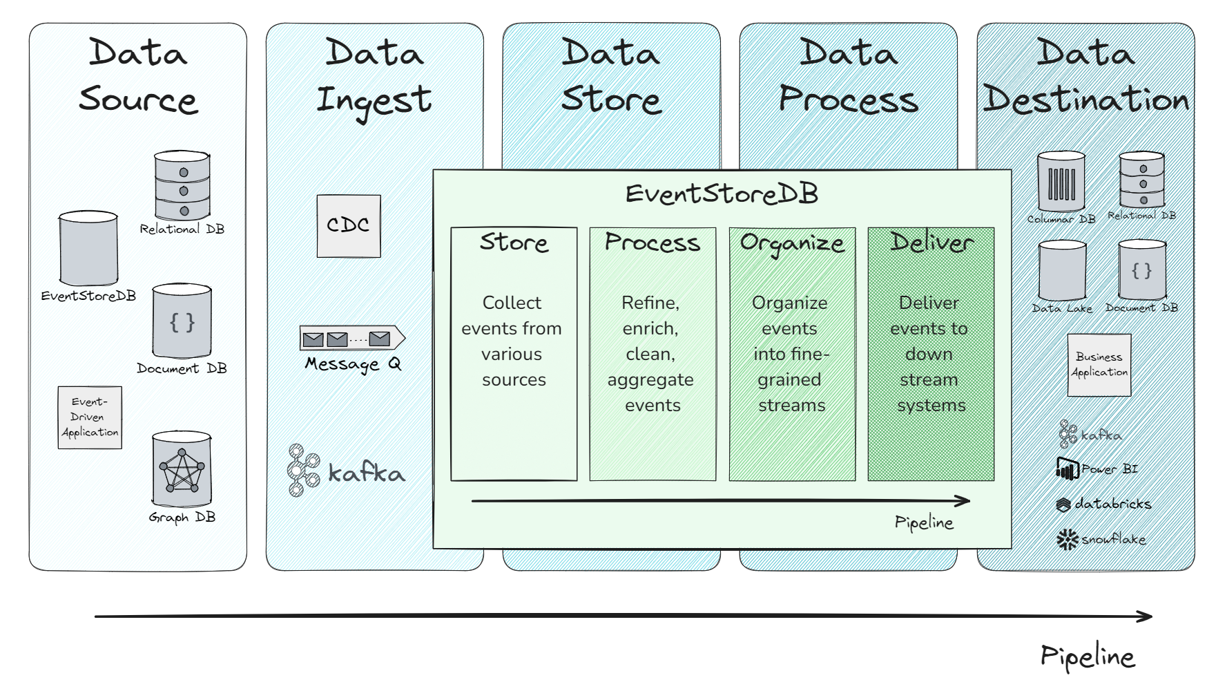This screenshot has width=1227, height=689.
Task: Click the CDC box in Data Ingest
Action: [x=348, y=226]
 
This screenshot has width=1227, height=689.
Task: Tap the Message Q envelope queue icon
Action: [x=351, y=338]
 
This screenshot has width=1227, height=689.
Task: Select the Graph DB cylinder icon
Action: [x=182, y=470]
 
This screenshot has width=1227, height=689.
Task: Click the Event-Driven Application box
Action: [x=90, y=417]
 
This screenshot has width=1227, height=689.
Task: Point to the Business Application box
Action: [x=1099, y=365]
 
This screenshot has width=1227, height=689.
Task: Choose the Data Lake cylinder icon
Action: [x=1062, y=270]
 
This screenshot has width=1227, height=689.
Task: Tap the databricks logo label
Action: [x=1103, y=504]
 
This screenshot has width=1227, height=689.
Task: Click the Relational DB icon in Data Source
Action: [x=182, y=185]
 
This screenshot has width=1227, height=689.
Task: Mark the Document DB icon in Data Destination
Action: [x=1141, y=270]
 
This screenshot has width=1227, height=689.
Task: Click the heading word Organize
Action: [x=792, y=243]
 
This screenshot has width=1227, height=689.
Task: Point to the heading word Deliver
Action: [x=931, y=242]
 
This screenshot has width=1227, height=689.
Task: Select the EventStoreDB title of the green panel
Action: [x=722, y=194]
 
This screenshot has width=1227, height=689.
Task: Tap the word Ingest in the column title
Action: [x=374, y=101]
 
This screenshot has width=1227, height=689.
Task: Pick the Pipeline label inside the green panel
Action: [x=924, y=522]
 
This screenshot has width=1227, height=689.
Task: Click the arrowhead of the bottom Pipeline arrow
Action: [x=1146, y=616]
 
